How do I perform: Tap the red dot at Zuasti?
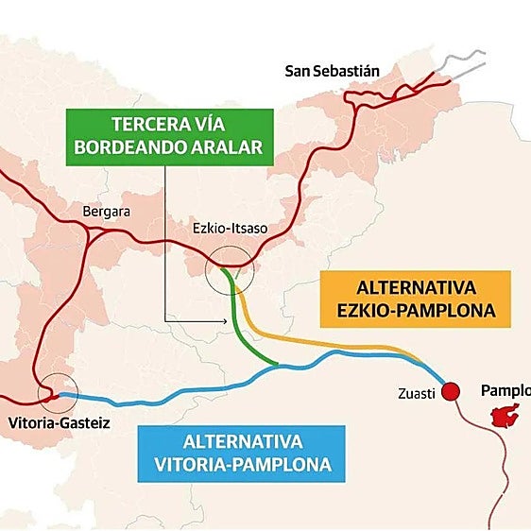click(450, 391)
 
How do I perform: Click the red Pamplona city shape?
click(507, 415)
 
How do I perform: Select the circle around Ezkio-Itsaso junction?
click(230, 269)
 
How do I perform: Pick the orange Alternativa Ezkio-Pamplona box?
click(416, 298)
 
